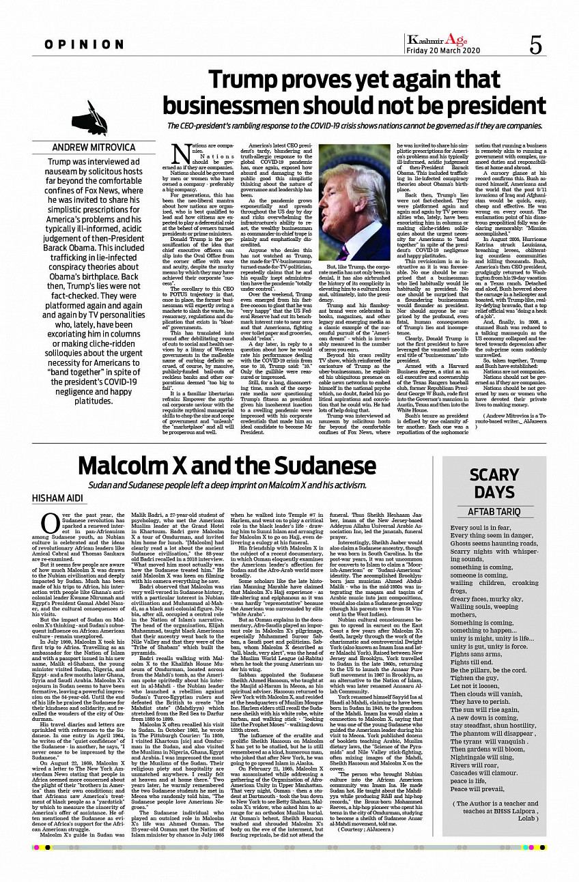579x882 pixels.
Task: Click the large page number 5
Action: [x=535, y=46]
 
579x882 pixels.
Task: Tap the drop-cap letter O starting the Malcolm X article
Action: [x=48, y=523]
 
